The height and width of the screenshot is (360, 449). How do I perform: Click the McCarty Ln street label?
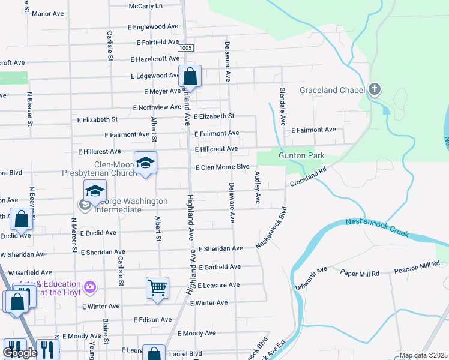coord(146,6)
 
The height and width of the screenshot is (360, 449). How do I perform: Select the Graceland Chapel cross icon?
coord(375,90)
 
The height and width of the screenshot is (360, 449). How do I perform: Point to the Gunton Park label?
coord(301,156)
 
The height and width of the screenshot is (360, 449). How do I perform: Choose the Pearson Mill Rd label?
coord(417,268)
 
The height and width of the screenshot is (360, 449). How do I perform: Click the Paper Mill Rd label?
coord(360,274)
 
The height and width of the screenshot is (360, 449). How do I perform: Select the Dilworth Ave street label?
coord(312,278)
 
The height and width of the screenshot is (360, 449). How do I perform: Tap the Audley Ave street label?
coord(258,187)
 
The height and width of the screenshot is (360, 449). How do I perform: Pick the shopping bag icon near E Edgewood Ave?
coord(190,76)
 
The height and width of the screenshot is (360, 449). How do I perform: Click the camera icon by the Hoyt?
coord(90,287)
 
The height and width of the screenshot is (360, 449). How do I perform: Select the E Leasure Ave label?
coord(218,285)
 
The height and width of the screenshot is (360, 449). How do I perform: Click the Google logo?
coord(20,353)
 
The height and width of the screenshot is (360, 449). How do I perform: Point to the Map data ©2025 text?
coord(423,355)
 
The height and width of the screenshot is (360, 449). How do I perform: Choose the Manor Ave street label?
coord(47,13)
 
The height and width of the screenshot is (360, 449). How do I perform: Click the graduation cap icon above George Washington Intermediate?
coord(95,191)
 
